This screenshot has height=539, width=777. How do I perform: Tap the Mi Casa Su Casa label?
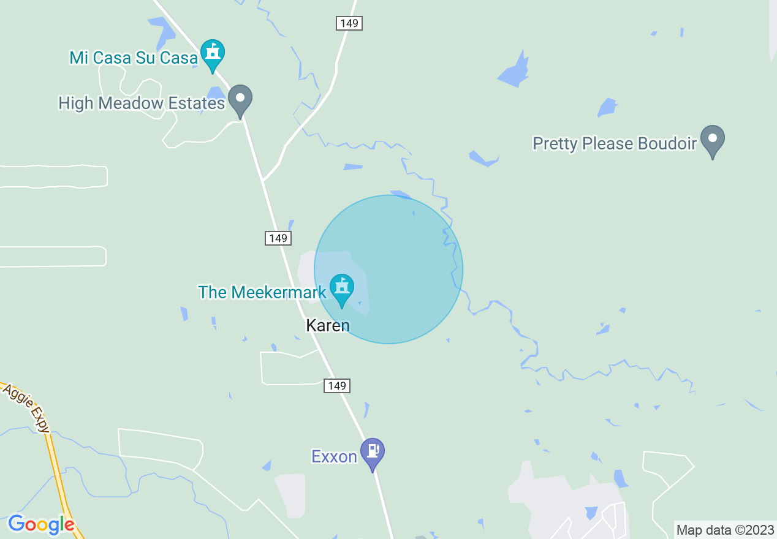134,58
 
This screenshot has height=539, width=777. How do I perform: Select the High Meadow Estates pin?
240,99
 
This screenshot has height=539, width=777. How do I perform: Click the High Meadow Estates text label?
142,103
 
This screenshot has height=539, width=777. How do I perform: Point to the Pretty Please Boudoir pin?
713,140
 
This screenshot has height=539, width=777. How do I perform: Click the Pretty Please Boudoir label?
615,143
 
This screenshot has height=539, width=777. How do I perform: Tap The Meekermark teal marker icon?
342,288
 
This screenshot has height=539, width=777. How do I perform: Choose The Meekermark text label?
262,292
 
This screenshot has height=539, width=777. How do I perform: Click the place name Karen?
328,325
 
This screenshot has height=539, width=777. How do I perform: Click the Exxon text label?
334,457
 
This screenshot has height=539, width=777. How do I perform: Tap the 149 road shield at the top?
349,23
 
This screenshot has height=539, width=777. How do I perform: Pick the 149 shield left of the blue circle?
278,238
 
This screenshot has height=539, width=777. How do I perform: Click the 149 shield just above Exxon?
337,386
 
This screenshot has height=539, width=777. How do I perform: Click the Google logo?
42,525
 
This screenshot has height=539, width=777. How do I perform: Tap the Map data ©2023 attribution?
726,530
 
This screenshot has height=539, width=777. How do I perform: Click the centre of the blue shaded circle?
388,269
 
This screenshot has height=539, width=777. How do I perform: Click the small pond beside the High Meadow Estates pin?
216,93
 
